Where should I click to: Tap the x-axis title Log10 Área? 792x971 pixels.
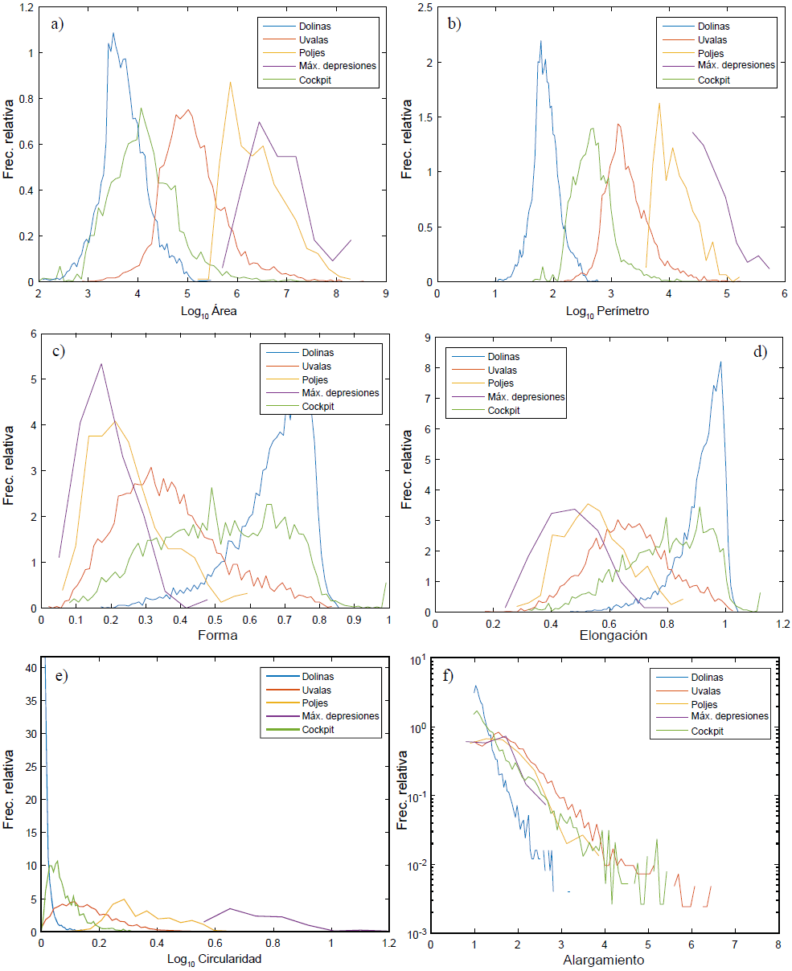(211, 313)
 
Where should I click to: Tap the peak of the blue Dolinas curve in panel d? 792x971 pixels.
(720, 362)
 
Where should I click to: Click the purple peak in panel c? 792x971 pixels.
(101, 363)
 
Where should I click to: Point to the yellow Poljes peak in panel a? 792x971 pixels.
(231, 81)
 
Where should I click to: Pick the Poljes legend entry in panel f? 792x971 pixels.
(707, 703)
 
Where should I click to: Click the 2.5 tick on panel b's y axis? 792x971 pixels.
(427, 7)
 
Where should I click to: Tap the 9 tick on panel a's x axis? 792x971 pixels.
(386, 293)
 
